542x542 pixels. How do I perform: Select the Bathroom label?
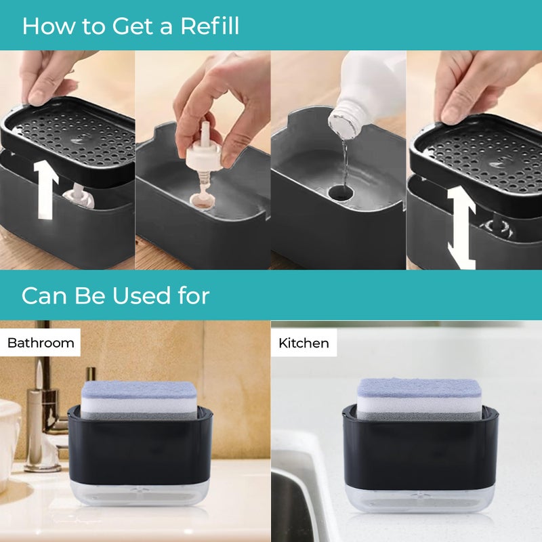click(x=41, y=343)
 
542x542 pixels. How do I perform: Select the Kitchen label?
click(x=304, y=343)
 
